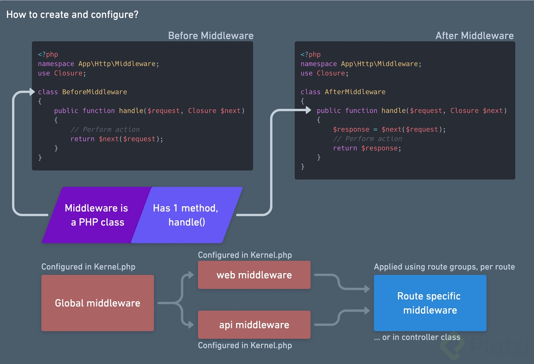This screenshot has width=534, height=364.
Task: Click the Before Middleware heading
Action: [x=211, y=36]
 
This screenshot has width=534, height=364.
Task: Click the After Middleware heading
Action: [x=474, y=36]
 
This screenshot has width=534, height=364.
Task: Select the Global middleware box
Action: [x=97, y=303]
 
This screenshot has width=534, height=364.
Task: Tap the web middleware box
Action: [x=254, y=275]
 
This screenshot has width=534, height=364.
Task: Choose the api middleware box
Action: [x=254, y=325]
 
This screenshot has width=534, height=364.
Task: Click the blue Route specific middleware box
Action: [x=430, y=303]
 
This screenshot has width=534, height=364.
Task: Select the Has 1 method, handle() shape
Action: [x=185, y=215]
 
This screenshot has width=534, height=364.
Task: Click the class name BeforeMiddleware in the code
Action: [x=95, y=92]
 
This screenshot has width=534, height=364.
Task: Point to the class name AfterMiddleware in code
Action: [x=355, y=92]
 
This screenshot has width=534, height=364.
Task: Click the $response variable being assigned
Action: [x=351, y=129]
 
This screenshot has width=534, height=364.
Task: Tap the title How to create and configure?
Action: [x=72, y=15]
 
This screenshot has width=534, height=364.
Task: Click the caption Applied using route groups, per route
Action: [x=444, y=267]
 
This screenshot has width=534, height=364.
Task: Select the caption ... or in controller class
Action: [x=417, y=337]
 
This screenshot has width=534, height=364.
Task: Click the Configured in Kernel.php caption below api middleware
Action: [x=245, y=345]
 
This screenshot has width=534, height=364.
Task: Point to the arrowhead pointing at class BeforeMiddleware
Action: [x=32, y=92]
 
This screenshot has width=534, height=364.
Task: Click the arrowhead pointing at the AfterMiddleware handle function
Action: [x=308, y=110]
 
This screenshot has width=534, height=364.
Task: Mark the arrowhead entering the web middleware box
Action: [x=191, y=275]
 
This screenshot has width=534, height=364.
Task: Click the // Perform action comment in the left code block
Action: [x=105, y=129]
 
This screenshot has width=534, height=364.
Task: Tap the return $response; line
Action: [x=367, y=148]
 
